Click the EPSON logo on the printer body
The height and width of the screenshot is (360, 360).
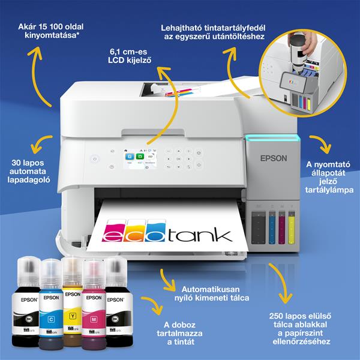(272, 159)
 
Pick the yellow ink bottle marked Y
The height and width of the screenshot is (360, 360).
(73, 306)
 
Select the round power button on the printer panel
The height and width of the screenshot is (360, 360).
(93, 159)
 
